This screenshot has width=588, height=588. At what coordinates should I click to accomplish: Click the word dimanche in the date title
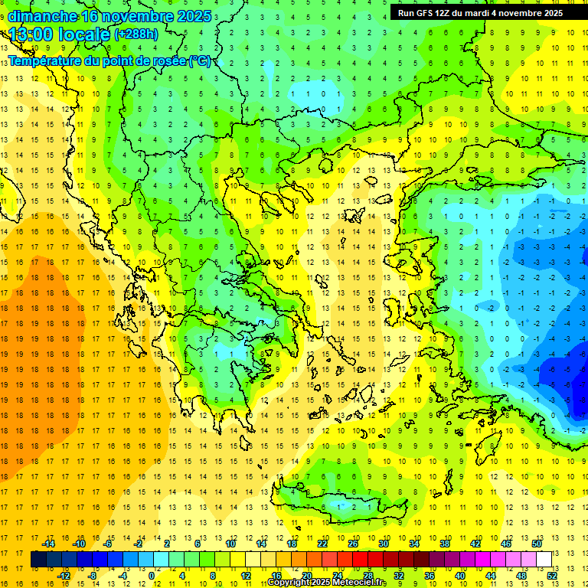42,16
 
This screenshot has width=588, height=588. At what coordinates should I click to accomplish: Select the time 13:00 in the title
34,34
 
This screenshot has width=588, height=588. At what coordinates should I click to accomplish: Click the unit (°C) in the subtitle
201,60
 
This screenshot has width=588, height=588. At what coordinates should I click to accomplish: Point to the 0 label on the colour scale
152,576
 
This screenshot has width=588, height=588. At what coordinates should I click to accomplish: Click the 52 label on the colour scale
551,576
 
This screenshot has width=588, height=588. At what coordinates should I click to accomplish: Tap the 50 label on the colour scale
536,544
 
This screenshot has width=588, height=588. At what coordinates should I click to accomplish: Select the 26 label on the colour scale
352,544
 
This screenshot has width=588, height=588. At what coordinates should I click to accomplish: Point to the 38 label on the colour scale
444,544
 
